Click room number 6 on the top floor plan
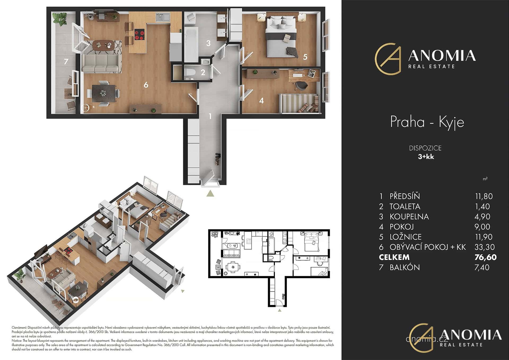[x=146, y=85]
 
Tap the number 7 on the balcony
[x=66, y=62]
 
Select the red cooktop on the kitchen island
[x=140, y=34]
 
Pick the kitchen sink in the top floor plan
[x=163, y=17]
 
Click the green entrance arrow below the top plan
[x=210, y=193]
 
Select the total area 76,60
[x=485, y=257]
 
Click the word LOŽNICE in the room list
[x=406, y=237]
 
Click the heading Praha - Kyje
[x=427, y=122]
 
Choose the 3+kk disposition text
[x=426, y=157]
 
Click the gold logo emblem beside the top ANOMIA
[x=388, y=59]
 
